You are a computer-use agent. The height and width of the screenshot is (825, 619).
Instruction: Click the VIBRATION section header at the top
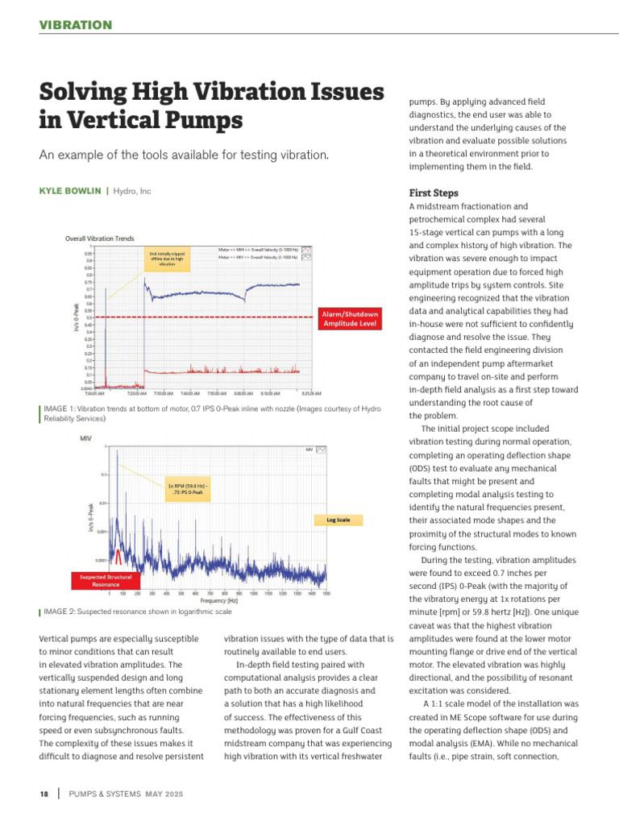(x=76, y=25)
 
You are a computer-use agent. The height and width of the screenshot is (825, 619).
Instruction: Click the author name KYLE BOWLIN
(x=70, y=191)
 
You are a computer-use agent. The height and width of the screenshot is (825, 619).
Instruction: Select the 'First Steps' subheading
(x=434, y=193)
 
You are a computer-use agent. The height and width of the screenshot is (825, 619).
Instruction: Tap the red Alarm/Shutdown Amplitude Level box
(x=350, y=318)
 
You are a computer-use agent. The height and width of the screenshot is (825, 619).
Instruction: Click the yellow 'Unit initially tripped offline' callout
(x=166, y=259)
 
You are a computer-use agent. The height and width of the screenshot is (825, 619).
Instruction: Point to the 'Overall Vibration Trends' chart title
(x=100, y=238)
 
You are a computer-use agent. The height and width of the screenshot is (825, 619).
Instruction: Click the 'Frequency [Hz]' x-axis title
(x=218, y=601)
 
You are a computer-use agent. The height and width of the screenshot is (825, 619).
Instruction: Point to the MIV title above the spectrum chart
(x=85, y=438)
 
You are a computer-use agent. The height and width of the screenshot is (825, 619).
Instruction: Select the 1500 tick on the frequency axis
(x=326, y=593)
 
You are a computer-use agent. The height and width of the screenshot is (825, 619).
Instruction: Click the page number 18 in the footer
(x=45, y=794)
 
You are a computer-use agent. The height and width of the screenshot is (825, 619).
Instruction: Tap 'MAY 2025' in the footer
(x=164, y=794)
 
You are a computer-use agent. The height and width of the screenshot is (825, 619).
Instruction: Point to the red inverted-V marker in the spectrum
(x=119, y=556)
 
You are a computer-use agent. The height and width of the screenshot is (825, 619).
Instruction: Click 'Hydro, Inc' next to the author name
(x=132, y=191)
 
